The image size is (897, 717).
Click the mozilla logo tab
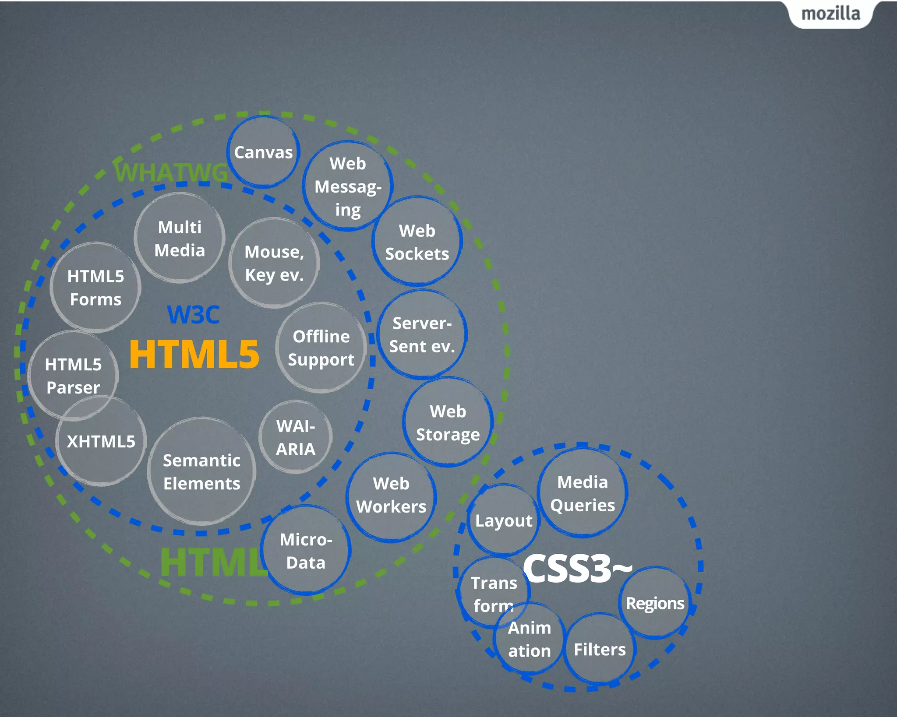pos(830,14)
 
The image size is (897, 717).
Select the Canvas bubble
pos(263,152)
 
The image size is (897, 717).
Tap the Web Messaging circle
pos(348,186)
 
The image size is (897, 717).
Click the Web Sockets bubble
pos(417,242)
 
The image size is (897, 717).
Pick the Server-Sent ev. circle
pos(422,335)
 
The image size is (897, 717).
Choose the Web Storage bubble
pos(448,423)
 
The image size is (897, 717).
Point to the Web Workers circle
pos(391,496)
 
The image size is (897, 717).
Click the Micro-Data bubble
pos(306,551)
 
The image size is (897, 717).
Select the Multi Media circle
pos(180,239)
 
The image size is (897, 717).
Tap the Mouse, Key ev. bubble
pos(274,263)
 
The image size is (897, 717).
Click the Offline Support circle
pos(321,348)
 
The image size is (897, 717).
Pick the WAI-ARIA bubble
pos(296,437)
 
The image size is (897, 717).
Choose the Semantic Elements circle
pos(201,472)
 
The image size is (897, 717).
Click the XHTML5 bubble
pos(101,441)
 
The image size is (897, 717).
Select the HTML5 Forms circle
pos(95,288)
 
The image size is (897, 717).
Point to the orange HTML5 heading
pos(194,355)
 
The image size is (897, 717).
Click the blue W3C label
pos(193,315)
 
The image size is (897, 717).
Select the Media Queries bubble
pos(583,493)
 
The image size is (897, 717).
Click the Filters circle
pos(600,649)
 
